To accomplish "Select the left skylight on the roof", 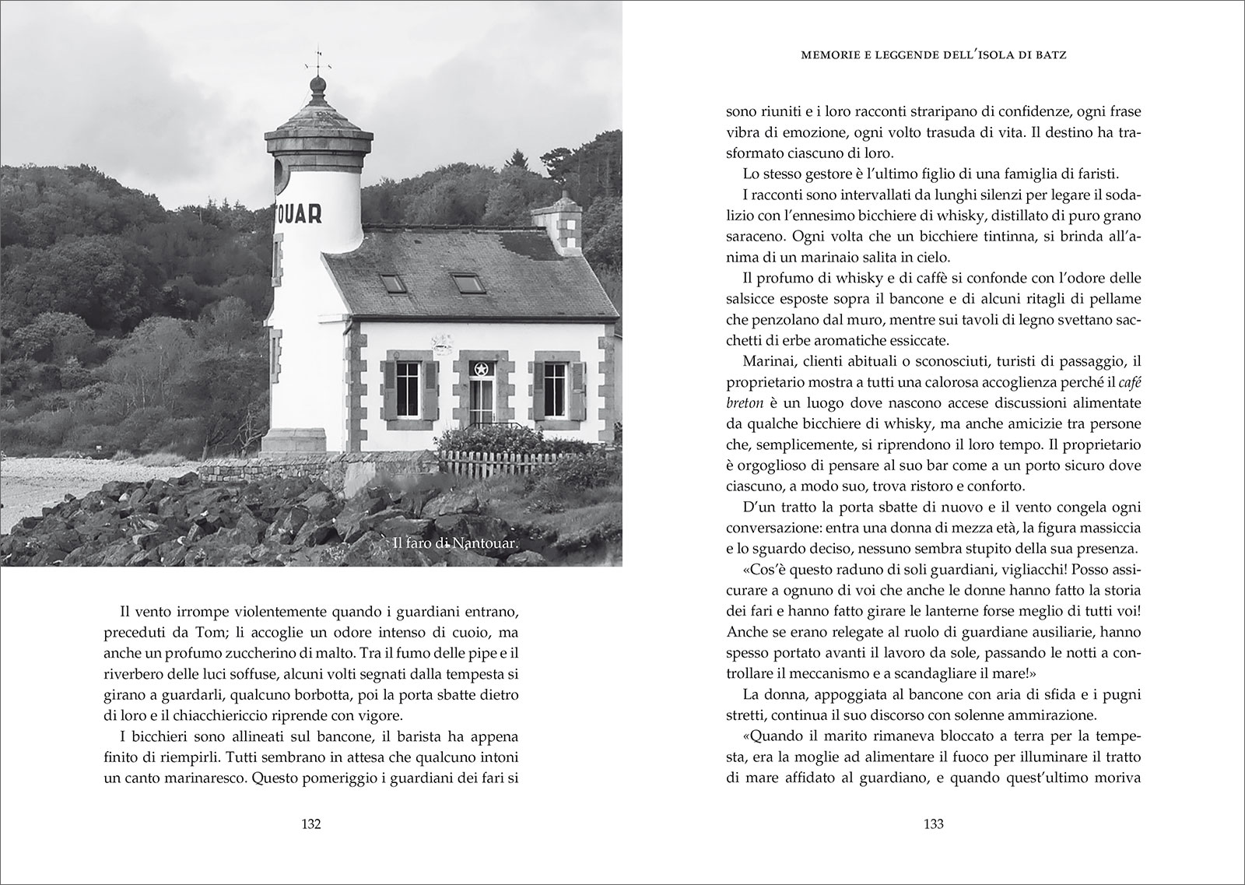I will click(x=393, y=283).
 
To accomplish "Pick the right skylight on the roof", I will click(x=468, y=282).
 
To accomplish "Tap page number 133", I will click(x=933, y=825).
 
